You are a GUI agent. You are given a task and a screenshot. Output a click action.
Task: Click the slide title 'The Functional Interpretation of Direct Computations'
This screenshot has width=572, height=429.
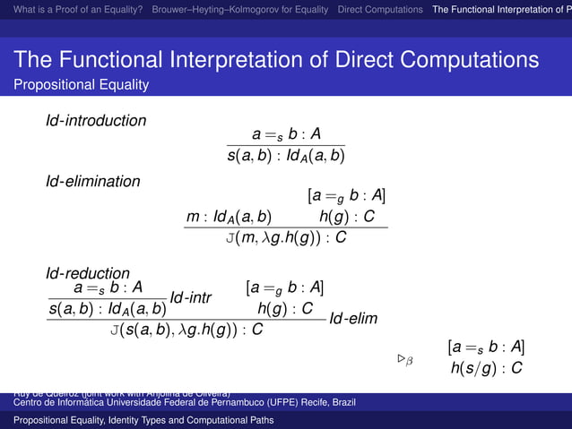276,61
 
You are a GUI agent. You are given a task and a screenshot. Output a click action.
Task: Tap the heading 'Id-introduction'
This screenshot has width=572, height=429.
97,120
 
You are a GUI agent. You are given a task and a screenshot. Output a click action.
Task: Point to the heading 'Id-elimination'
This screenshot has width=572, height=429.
93,182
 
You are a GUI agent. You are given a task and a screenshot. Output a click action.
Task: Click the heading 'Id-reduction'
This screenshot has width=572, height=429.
88,272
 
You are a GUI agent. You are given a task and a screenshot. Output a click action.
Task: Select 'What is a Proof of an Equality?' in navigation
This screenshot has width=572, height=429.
73,10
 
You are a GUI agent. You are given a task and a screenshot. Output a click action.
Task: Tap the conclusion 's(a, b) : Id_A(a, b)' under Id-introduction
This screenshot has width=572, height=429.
286,156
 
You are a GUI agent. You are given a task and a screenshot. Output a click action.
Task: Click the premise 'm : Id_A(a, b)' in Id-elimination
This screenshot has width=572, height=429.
229,217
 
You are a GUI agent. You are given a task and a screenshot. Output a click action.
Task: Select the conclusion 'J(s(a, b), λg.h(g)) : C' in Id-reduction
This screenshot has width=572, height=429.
186,330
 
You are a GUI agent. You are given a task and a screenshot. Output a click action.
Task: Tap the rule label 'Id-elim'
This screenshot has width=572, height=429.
353,319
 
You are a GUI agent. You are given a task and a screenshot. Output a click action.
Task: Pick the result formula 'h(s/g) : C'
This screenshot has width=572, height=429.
485,367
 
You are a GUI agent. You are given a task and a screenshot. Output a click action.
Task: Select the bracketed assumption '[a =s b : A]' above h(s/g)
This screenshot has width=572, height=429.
485,347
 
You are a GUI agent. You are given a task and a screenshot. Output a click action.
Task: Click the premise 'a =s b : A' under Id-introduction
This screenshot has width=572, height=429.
286,135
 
